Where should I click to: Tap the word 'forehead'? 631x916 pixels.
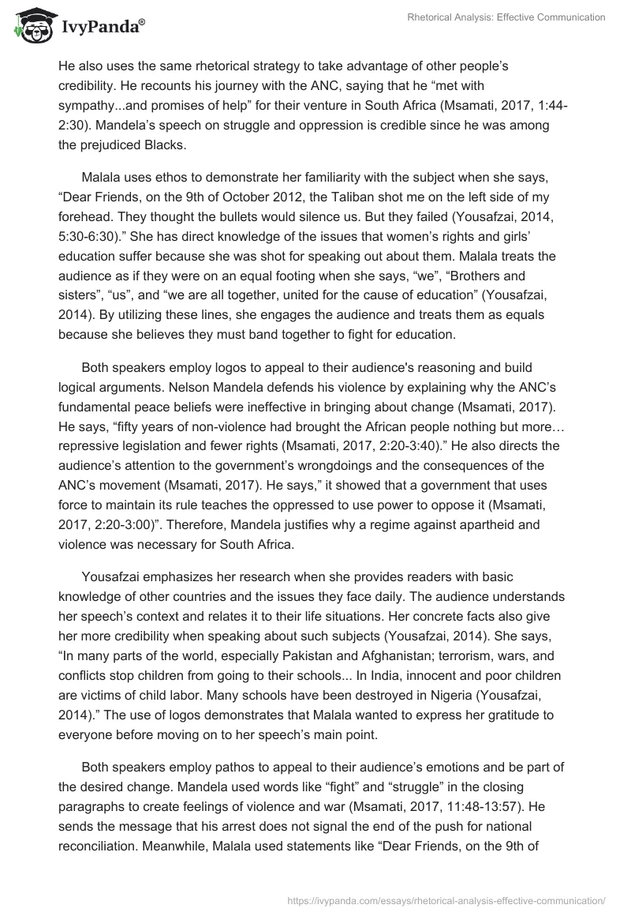pos(87,217)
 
